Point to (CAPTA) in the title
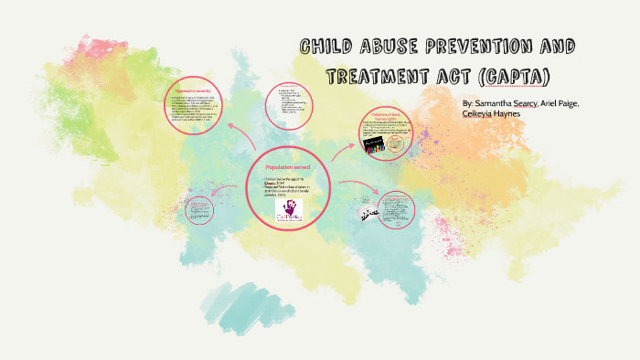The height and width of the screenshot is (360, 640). point(514,73)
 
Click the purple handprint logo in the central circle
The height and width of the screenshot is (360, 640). point(291,211)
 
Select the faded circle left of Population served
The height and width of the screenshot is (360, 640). point(197,206)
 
